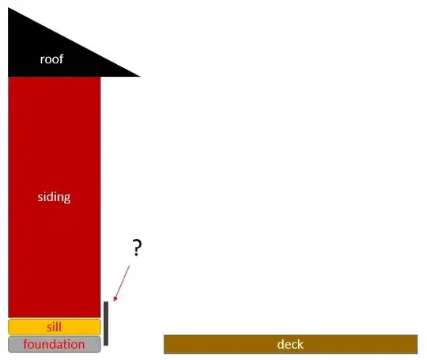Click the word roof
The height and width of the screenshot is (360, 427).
coord(51,59)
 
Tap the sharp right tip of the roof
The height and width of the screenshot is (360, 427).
coord(140,76)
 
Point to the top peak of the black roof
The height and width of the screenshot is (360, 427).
coord(8,8)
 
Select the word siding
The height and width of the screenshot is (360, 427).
coord(54,197)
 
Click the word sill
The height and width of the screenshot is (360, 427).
coord(54,327)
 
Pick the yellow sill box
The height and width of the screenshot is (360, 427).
coord(55,327)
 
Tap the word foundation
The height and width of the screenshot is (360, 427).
coord(54,344)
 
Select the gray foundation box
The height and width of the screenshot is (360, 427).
coord(55,344)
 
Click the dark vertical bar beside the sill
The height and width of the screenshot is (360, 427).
coord(106,324)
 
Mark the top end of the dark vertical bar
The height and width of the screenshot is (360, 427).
coord(106,301)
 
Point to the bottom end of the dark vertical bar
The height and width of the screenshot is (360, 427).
coord(106,345)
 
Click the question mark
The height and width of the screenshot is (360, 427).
coord(137,248)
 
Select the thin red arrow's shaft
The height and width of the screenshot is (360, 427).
coord(122,282)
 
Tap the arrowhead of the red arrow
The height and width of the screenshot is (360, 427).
coord(115,299)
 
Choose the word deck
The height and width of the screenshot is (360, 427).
coord(290,344)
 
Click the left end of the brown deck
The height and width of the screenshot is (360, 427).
coord(164,344)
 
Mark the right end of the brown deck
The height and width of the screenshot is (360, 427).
coord(418,344)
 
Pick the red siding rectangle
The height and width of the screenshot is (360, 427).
coord(55,197)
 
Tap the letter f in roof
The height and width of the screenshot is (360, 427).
coord(61,59)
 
